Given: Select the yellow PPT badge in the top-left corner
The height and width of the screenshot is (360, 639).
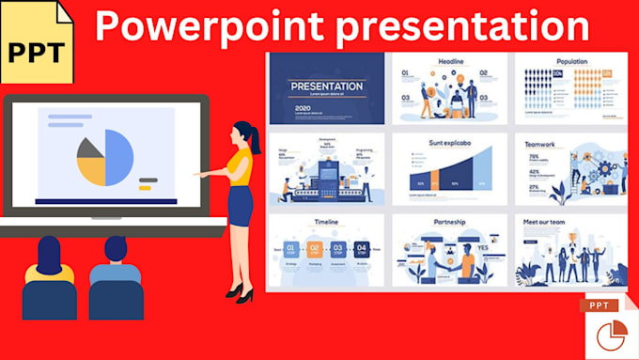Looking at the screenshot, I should [x=35, y=49].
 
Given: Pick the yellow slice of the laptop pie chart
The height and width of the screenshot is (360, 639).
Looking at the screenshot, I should [x=91, y=170].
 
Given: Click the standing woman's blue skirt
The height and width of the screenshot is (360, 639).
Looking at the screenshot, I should [x=241, y=206].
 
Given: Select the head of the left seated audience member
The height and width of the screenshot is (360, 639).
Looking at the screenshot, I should [x=49, y=253].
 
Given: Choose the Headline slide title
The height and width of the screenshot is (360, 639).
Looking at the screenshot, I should [x=450, y=61].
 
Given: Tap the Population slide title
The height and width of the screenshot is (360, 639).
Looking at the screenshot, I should [x=571, y=61].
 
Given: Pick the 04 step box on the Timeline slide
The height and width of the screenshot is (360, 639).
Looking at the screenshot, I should [x=362, y=249].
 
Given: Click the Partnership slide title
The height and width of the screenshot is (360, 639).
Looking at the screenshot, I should [x=449, y=223].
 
